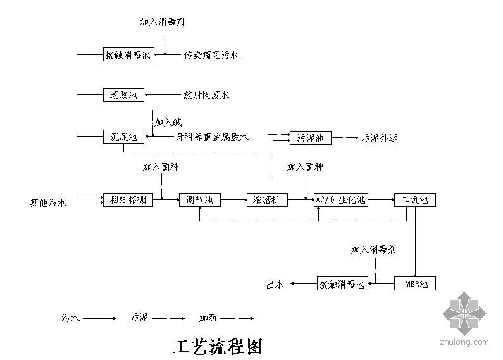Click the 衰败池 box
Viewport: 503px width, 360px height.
123,96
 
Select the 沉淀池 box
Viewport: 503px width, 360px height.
123,137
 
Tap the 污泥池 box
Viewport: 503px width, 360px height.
310,137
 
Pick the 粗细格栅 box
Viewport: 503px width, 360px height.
128,200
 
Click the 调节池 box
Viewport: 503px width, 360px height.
200,200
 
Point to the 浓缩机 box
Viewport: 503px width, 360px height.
267,200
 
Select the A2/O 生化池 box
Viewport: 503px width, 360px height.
340,200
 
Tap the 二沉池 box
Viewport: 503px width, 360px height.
415,200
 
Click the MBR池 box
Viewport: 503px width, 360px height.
415,284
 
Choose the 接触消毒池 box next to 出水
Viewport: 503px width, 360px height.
342,284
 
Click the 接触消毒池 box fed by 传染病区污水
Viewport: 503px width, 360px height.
128,55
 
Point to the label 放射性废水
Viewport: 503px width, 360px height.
206,96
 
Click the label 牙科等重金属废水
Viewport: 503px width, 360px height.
212,137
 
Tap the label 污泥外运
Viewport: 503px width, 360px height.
380,138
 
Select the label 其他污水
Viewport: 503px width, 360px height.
47,203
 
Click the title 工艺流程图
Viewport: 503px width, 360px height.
217,346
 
